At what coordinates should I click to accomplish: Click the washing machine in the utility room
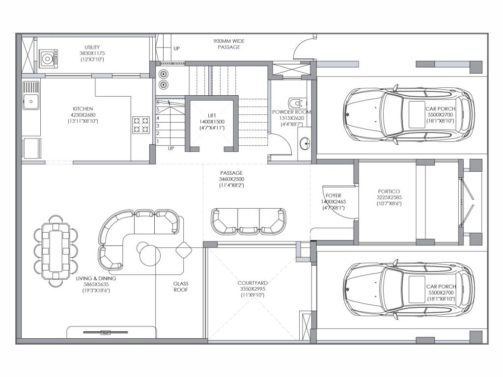coord(49,58)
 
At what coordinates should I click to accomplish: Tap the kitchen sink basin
coord(31,102)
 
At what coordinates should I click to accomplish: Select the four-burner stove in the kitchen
coord(141,125)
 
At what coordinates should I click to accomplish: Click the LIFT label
coord(212,115)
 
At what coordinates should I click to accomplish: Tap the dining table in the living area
coord(56,251)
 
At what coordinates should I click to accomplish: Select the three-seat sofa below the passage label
coord(248,221)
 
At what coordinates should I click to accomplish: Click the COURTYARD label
coord(252,283)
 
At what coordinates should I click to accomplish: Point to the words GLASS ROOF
coord(181,287)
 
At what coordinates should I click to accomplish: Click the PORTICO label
coord(389,191)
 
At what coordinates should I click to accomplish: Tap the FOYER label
coord(334,195)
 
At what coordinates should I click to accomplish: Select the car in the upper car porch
coord(409,114)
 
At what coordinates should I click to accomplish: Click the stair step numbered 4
coord(158,118)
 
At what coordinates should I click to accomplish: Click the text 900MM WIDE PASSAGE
coord(229,44)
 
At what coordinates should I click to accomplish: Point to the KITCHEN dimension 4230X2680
coord(83,115)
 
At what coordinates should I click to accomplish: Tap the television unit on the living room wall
coord(106,332)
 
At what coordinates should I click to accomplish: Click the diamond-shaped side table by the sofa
coord(184,250)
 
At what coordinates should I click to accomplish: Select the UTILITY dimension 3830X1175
coord(92,53)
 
